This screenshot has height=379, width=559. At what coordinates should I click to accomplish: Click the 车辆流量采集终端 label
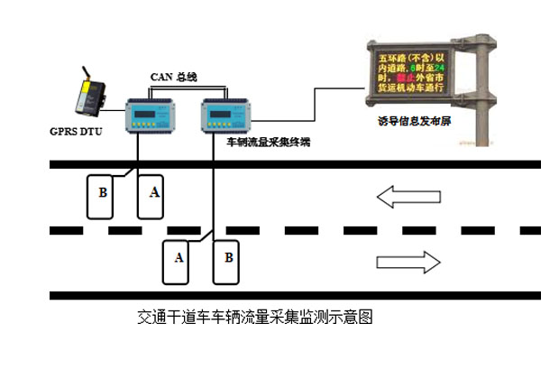tap(268, 142)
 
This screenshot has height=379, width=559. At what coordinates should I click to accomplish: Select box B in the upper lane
tap(103, 194)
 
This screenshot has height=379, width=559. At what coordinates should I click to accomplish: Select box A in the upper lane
tap(152, 194)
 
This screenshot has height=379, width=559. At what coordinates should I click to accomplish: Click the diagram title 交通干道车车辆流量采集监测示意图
tap(254, 318)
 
